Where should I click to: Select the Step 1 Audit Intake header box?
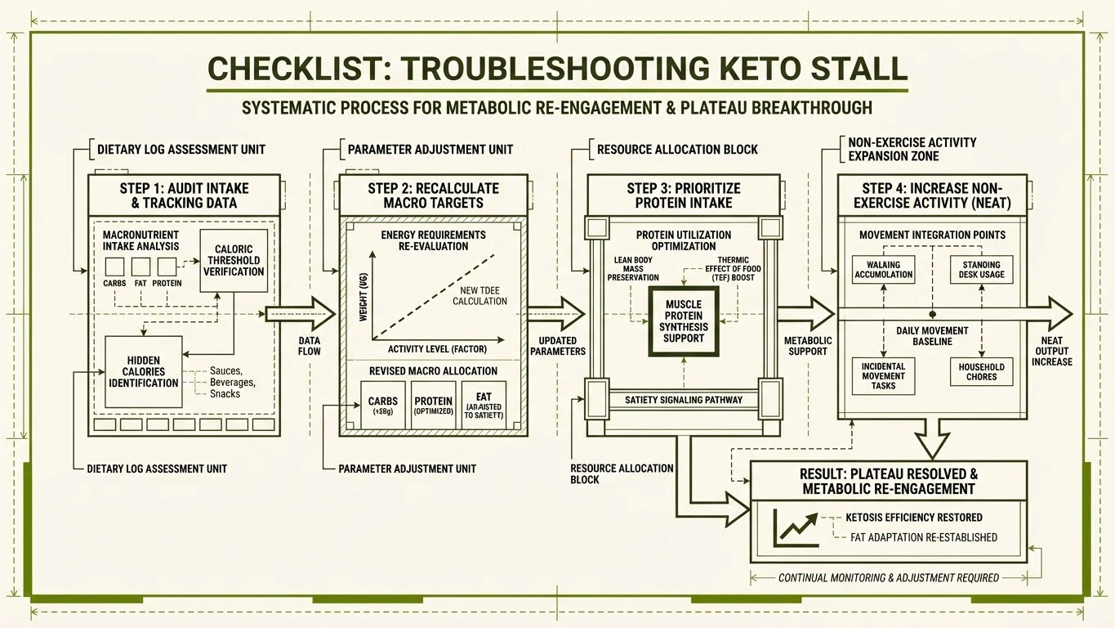click(184, 195)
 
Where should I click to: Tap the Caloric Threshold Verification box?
click(234, 260)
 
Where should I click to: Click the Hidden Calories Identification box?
click(144, 371)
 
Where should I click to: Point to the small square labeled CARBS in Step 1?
click(114, 267)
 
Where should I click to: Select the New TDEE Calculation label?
click(479, 295)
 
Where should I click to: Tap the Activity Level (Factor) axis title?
click(437, 349)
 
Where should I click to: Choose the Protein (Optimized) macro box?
click(433, 405)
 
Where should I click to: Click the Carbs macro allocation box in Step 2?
click(383, 405)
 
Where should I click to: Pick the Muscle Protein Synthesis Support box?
click(684, 321)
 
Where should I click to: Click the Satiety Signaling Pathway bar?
click(684, 400)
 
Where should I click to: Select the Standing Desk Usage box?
click(981, 270)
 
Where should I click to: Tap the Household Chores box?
click(981, 372)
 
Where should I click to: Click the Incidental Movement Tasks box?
click(883, 376)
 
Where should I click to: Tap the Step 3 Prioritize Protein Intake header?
click(684, 195)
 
